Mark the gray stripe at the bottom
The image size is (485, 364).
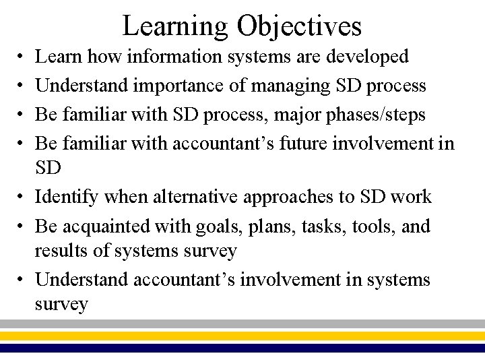[243, 324]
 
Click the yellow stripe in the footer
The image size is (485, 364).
[243, 335]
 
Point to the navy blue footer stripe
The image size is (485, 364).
[243, 348]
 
